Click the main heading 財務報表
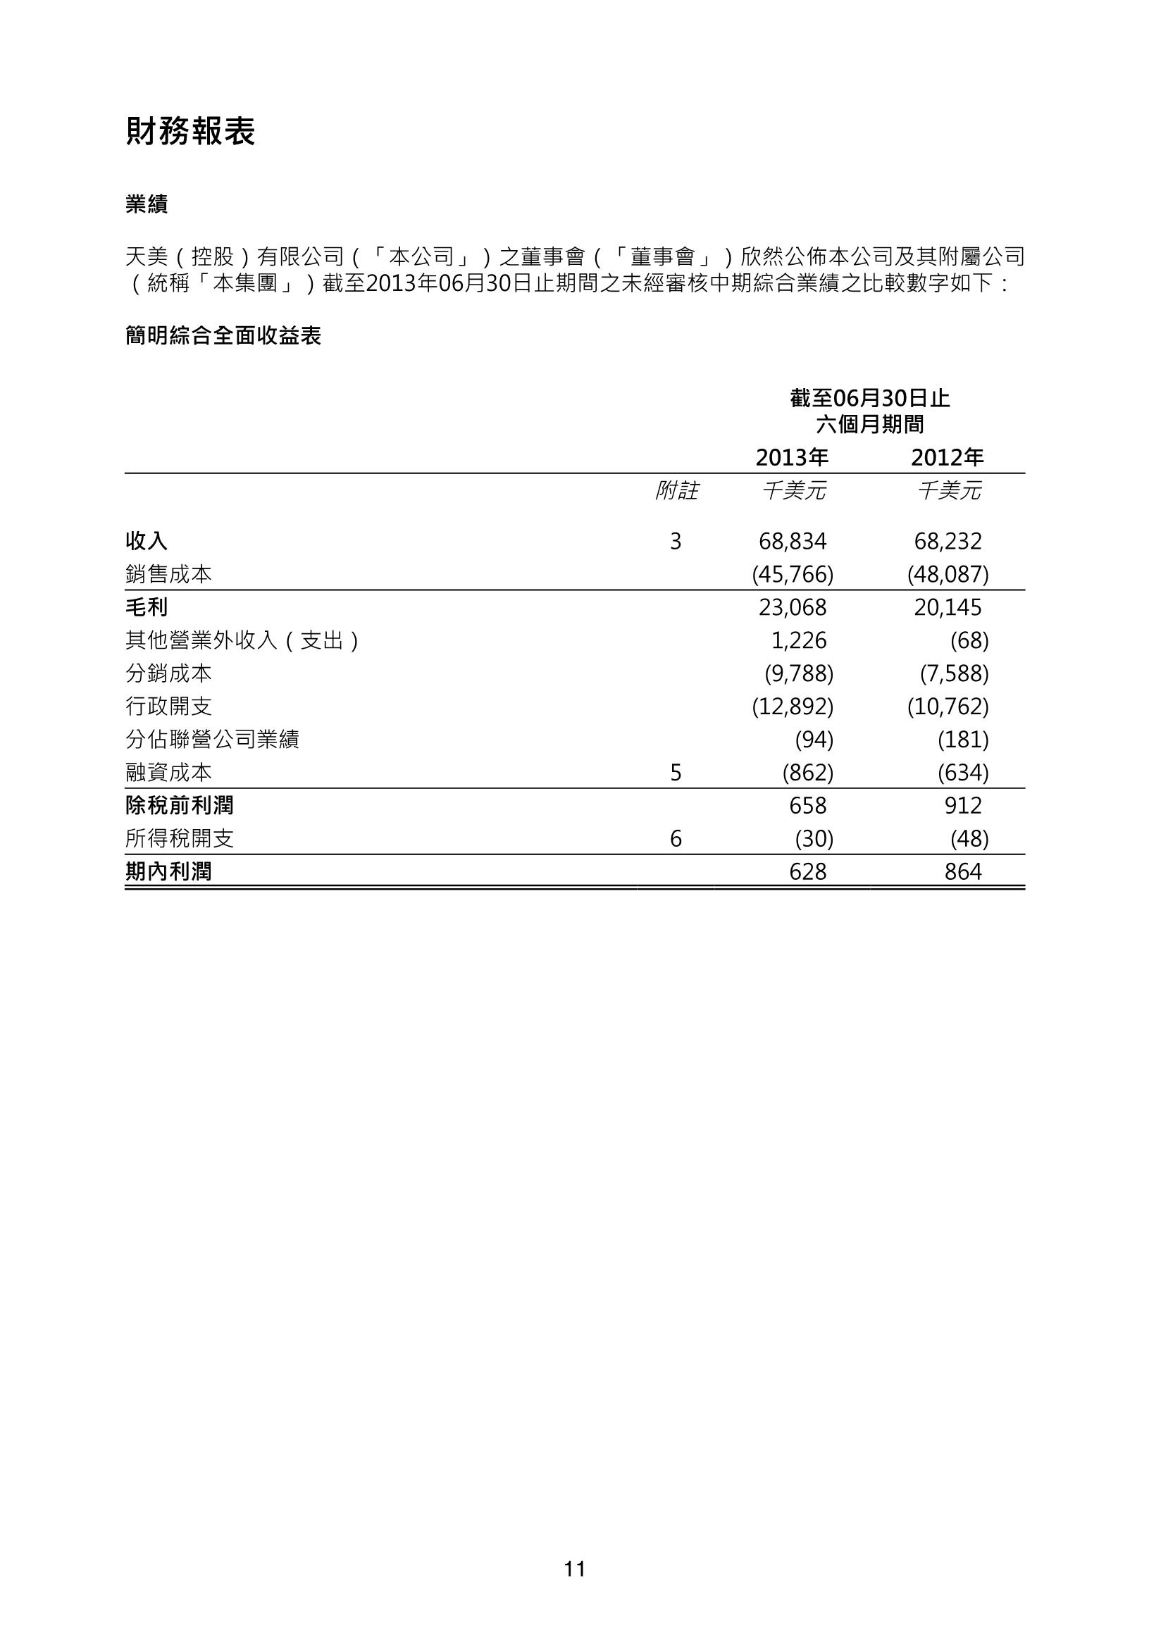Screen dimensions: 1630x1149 click(x=190, y=132)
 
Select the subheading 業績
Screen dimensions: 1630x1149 click(x=147, y=205)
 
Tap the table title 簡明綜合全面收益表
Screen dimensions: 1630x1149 click(x=223, y=336)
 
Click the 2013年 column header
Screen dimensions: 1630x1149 click(x=792, y=458)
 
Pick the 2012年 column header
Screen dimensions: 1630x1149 click(x=948, y=458)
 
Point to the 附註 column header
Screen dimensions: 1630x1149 click(x=676, y=490)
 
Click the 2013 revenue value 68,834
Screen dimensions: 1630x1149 click(x=793, y=542)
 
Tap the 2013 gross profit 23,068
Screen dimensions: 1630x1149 click(x=793, y=608)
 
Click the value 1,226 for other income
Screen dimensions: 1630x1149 click(x=799, y=640)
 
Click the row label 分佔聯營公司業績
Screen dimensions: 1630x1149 click(x=212, y=740)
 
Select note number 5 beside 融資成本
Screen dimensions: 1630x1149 click(x=676, y=773)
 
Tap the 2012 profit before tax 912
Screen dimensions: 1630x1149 click(x=963, y=806)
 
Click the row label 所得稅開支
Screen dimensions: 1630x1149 click(x=180, y=839)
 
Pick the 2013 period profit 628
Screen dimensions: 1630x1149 click(x=807, y=872)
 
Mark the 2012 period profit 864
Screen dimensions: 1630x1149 click(x=963, y=872)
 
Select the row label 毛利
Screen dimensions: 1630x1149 click(x=147, y=608)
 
